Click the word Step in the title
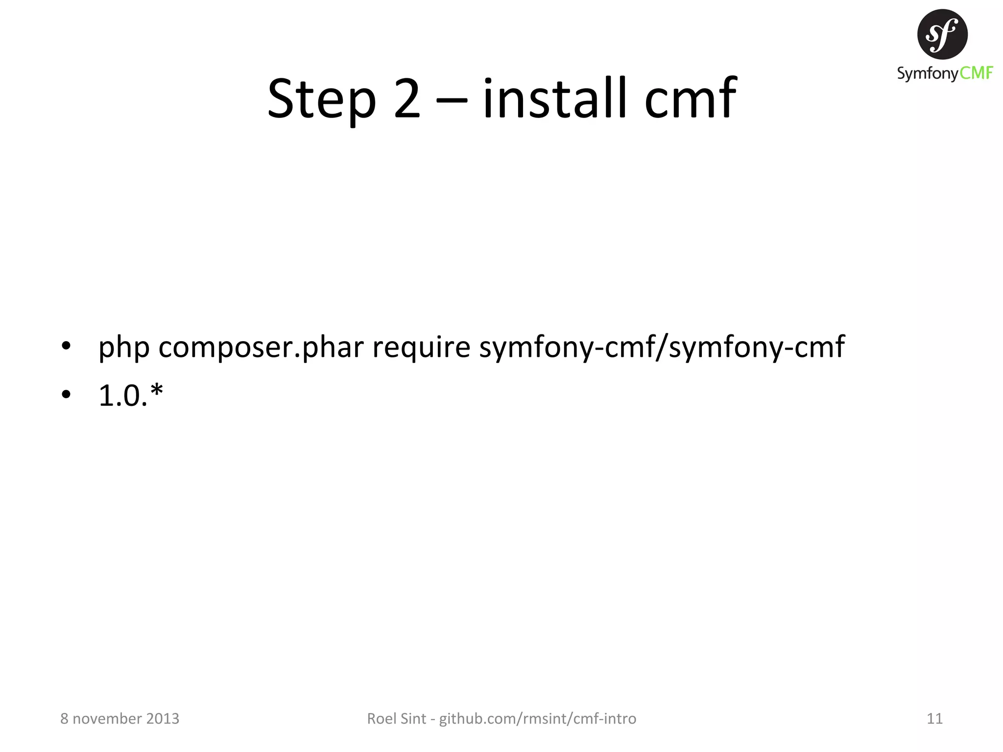(x=321, y=99)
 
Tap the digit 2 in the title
(x=407, y=99)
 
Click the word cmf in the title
(x=690, y=99)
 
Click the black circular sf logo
(x=942, y=34)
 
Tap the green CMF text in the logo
(x=976, y=73)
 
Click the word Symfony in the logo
(x=928, y=74)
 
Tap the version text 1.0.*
(x=130, y=395)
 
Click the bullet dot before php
(x=66, y=347)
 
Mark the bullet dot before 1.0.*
(x=66, y=394)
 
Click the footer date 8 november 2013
(x=119, y=719)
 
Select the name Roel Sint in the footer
(x=396, y=719)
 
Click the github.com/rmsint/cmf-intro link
(x=537, y=719)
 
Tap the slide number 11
(x=934, y=719)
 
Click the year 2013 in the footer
(x=163, y=719)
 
